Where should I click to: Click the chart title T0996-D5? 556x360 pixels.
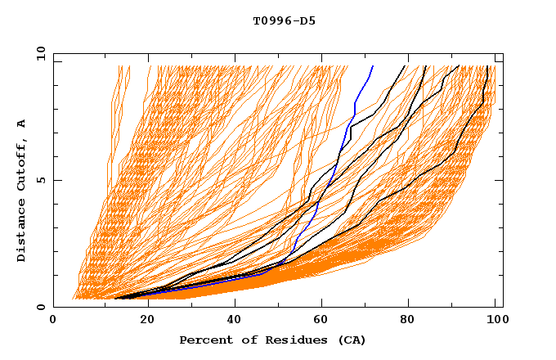pos(284,21)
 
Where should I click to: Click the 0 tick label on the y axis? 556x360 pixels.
pos(40,308)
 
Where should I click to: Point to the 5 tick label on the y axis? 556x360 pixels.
pos(40,180)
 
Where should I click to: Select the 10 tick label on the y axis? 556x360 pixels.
pos(38,52)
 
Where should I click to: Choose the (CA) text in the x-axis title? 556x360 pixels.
pos(352,340)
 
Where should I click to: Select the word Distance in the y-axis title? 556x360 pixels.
pos(22,230)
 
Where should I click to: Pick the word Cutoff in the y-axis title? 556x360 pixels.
pos(22,164)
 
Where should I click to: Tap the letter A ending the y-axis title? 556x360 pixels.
pos(22,123)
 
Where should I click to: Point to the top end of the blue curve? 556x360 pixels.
pos(373,65)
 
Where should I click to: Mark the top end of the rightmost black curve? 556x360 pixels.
pos(488,65)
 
